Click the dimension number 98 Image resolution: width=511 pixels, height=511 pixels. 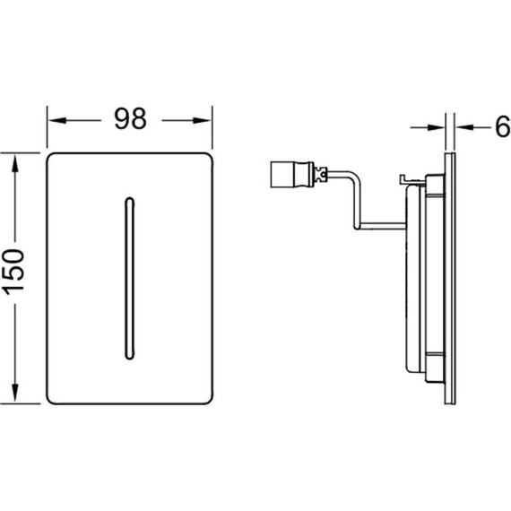click(130, 119)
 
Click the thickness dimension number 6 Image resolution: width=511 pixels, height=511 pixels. click(503, 126)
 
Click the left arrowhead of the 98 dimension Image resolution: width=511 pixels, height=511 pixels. click(57, 121)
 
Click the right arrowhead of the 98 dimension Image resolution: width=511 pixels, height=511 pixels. click(202, 121)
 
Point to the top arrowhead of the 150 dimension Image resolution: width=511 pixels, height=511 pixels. click(14, 163)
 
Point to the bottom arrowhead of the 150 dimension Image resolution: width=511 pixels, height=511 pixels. click(14, 393)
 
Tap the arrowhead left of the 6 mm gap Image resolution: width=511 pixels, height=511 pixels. click(436, 127)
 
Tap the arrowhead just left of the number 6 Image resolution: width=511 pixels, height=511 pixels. click(464, 127)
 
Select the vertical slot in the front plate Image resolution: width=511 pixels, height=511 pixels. click(130, 278)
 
